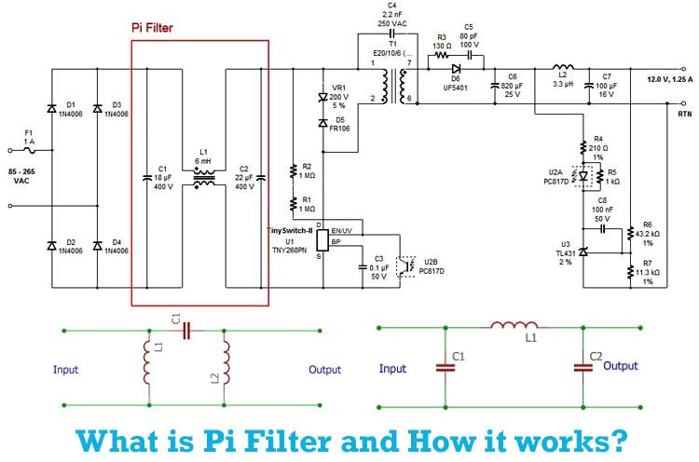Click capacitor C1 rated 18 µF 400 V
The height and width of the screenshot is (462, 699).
(x=146, y=174)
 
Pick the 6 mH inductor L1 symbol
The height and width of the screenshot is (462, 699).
(x=203, y=179)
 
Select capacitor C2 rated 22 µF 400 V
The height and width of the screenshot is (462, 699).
(x=261, y=174)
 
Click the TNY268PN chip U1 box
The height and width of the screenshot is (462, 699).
(x=322, y=239)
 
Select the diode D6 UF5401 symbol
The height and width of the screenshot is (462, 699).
(x=456, y=67)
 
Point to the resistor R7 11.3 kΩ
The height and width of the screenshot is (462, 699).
(x=630, y=271)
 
